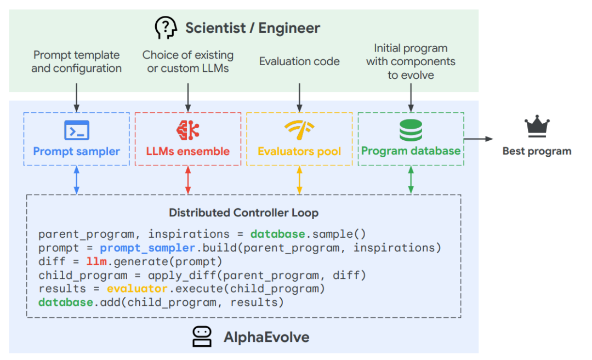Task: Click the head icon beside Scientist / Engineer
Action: (x=166, y=27)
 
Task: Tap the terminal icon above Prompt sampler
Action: (x=77, y=130)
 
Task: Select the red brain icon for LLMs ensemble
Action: (x=187, y=130)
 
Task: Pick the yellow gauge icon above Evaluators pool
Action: (x=299, y=129)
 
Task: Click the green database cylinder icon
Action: (x=411, y=130)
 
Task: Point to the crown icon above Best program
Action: (x=537, y=127)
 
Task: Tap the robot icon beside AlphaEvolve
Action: (x=202, y=336)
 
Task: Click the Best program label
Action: (x=537, y=151)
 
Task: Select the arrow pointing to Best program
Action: (x=479, y=139)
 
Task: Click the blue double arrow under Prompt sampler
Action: (x=77, y=180)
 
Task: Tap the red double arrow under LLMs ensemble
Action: (x=188, y=180)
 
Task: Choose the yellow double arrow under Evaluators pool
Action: (x=299, y=180)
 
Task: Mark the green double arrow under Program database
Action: (x=411, y=180)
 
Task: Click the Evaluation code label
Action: (x=299, y=61)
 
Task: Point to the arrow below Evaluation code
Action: (x=299, y=98)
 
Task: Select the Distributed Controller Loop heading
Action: (x=243, y=213)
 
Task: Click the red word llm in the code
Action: (x=96, y=261)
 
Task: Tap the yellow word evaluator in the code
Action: (x=137, y=289)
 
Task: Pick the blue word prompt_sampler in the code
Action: (x=147, y=248)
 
